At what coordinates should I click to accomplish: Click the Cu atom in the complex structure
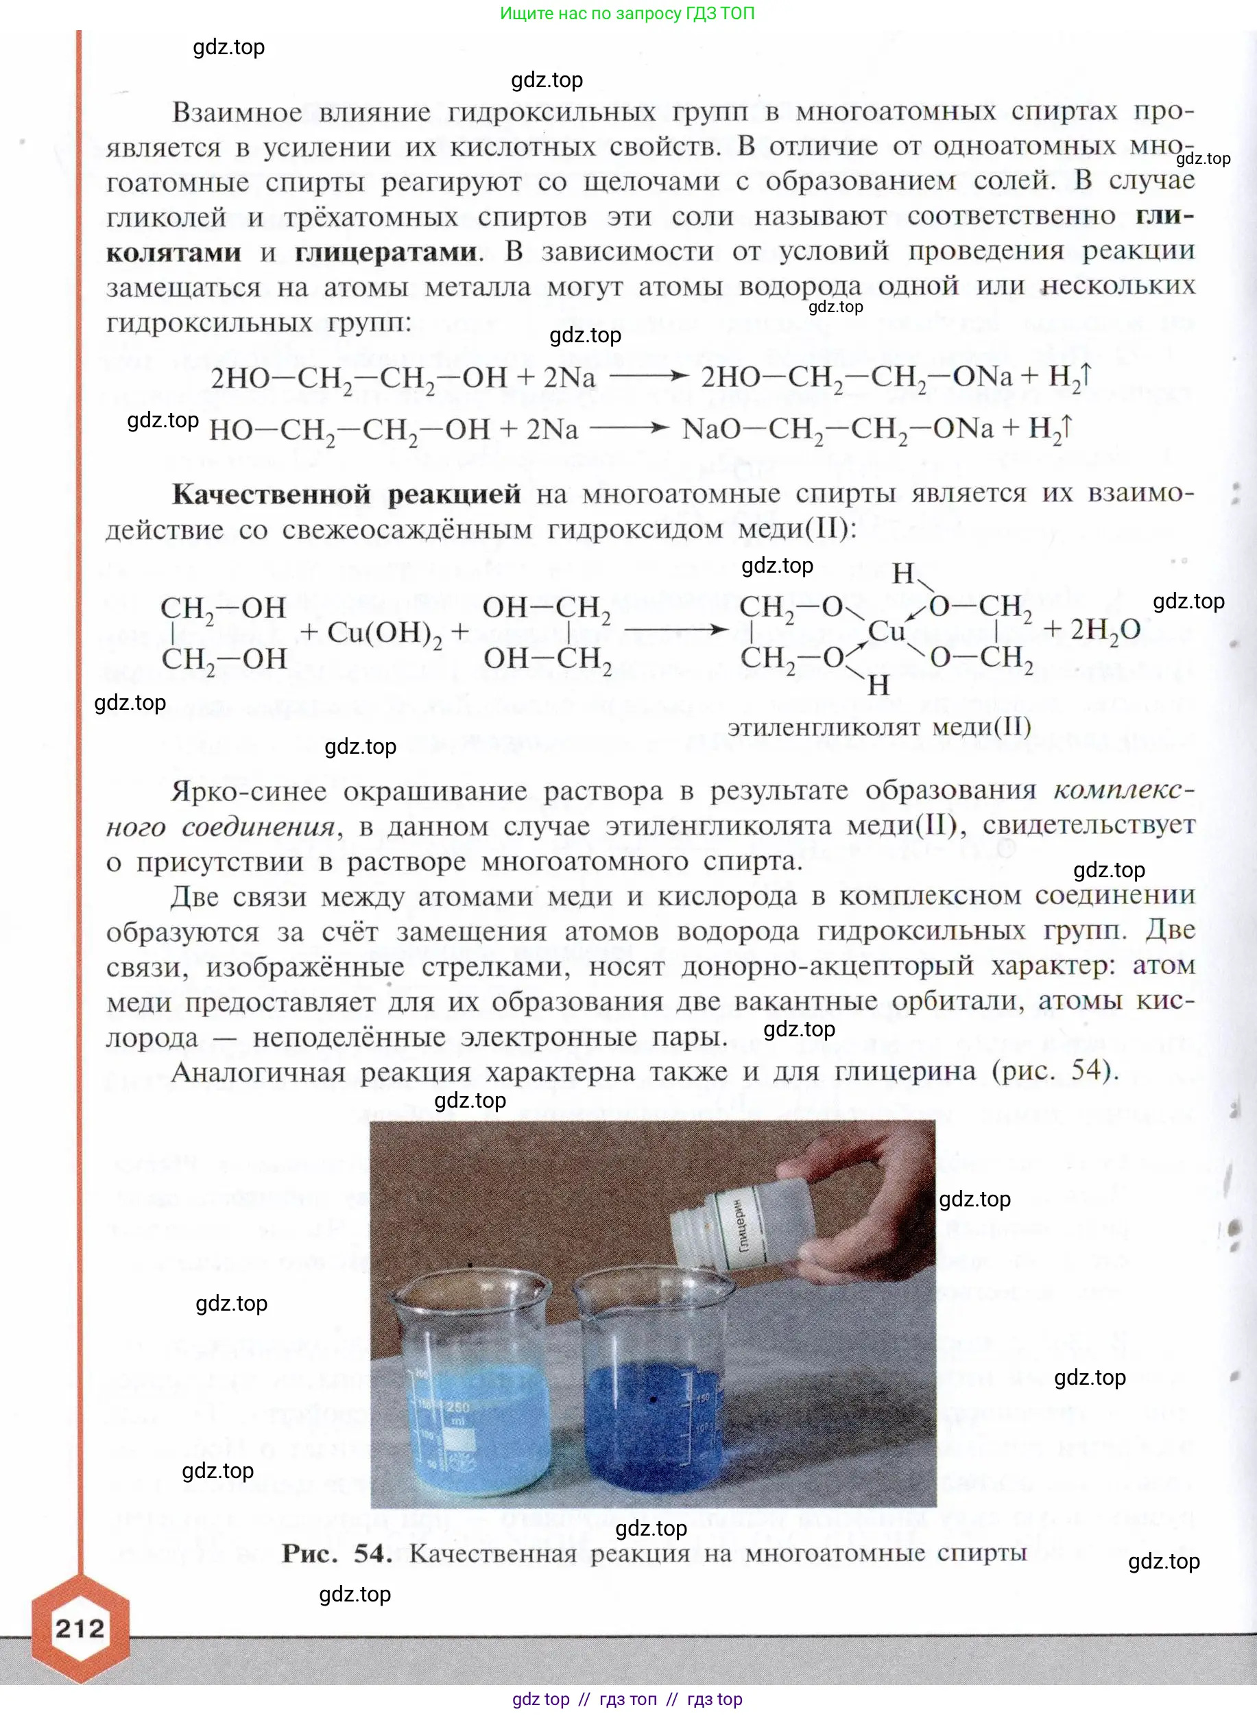[886, 631]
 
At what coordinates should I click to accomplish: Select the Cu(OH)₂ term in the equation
[384, 633]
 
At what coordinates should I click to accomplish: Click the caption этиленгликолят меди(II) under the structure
[879, 728]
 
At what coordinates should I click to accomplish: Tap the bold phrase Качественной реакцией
[346, 494]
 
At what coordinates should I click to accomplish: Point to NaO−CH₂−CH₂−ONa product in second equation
[837, 429]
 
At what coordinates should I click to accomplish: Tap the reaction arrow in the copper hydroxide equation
[675, 630]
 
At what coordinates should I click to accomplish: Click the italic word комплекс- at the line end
[1123, 790]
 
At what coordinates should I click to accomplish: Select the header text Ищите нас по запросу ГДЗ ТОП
[627, 13]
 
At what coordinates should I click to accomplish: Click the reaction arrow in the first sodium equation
[648, 376]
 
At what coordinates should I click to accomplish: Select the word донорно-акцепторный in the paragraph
[827, 966]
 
